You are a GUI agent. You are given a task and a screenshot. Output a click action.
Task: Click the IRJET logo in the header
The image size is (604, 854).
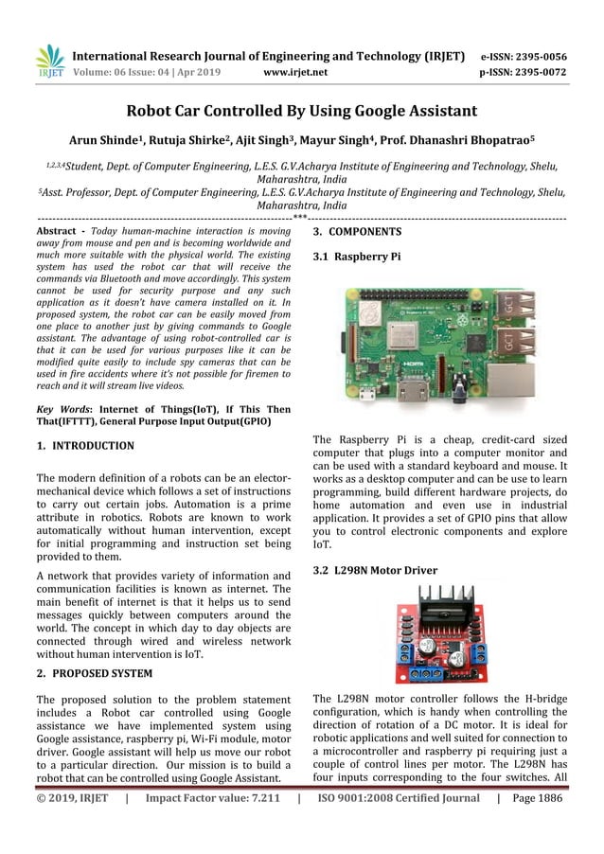click(48, 61)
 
